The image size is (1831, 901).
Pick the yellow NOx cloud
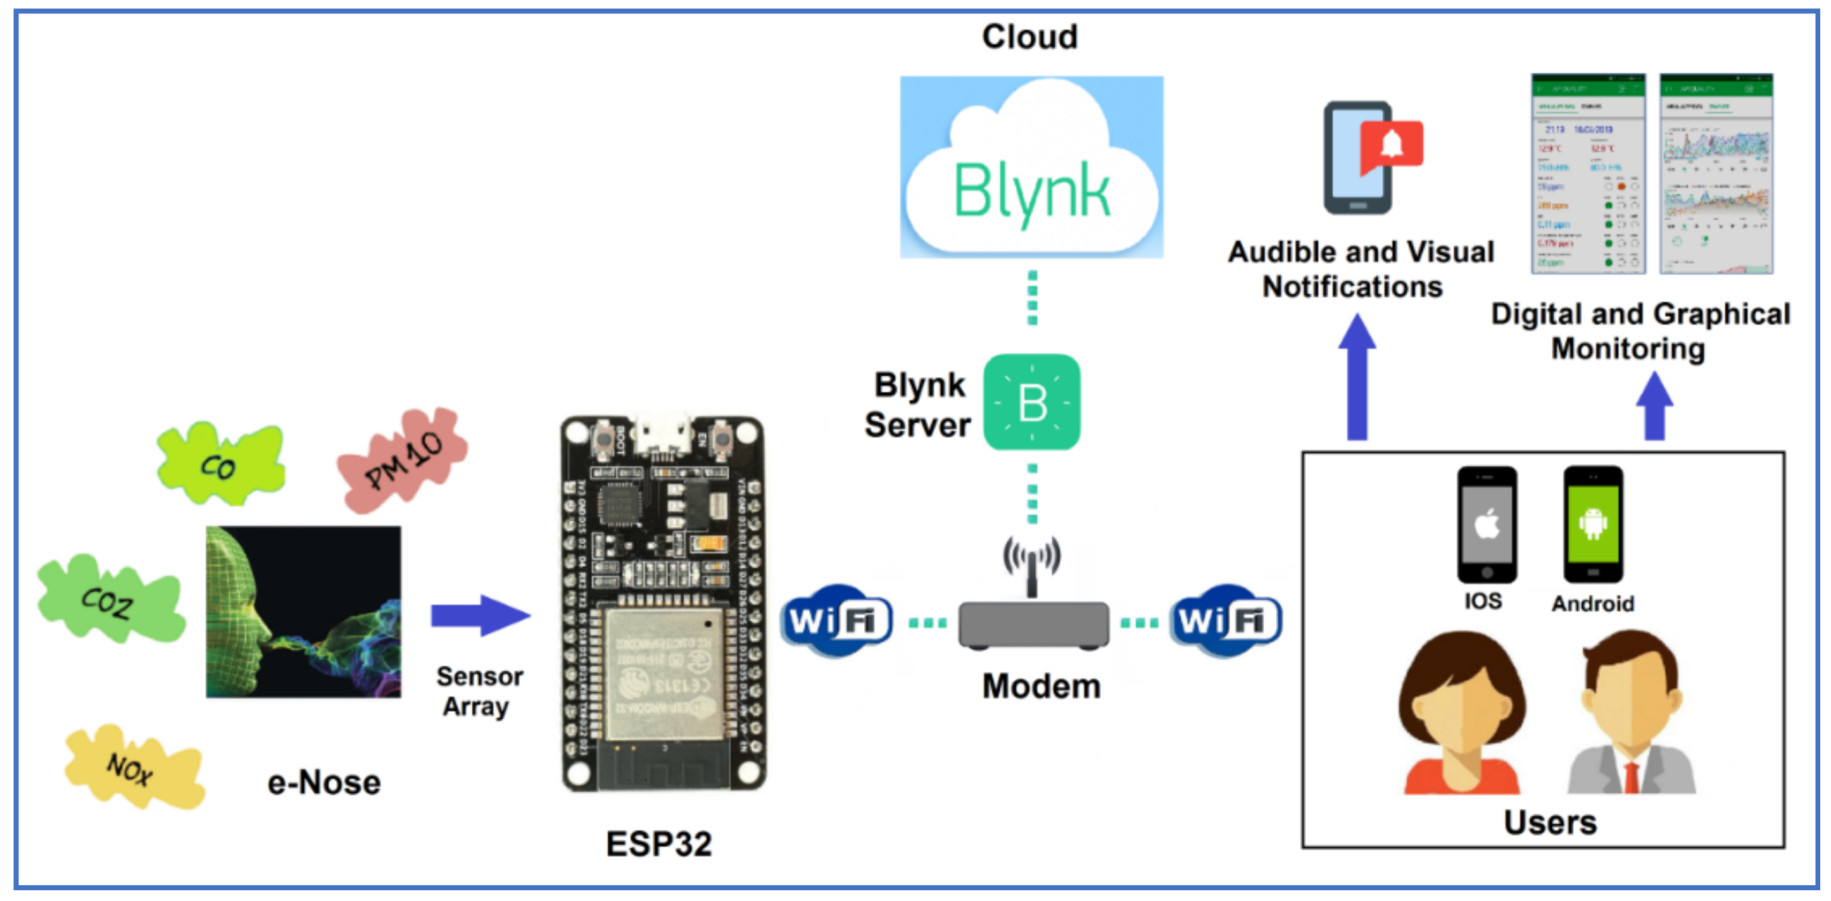[132, 767]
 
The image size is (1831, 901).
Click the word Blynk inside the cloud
[1031, 190]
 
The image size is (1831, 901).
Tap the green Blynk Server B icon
[1032, 402]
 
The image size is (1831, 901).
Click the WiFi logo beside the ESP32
[836, 620]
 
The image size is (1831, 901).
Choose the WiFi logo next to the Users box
[1225, 620]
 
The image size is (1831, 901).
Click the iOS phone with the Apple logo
[1487, 525]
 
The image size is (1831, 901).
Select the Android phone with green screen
[1593, 525]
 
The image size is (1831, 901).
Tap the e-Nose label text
[324, 782]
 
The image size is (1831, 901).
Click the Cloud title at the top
[1029, 37]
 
